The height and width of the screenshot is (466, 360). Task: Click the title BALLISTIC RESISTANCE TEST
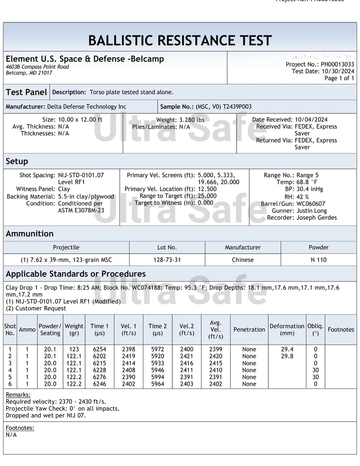[x=180, y=40]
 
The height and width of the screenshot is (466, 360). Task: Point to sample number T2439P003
[x=237, y=107]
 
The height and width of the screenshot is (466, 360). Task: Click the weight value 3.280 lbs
[x=192, y=120]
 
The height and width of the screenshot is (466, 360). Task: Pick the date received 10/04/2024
[x=311, y=120]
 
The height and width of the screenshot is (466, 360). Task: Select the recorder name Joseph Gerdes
[x=317, y=218]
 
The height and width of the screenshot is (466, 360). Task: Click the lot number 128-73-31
[x=167, y=260]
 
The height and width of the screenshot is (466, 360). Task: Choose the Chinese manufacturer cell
[x=242, y=260]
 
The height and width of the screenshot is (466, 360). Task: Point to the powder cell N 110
[x=318, y=260]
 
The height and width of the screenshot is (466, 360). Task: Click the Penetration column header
[x=249, y=329]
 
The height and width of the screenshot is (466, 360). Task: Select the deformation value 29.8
[x=287, y=356]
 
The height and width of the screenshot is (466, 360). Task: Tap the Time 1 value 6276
[x=100, y=377]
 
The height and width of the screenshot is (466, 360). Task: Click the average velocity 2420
[x=216, y=356]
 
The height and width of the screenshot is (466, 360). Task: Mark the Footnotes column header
[x=341, y=329]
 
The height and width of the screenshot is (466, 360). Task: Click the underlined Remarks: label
[x=18, y=395]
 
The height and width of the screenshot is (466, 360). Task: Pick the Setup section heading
[x=17, y=161]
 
